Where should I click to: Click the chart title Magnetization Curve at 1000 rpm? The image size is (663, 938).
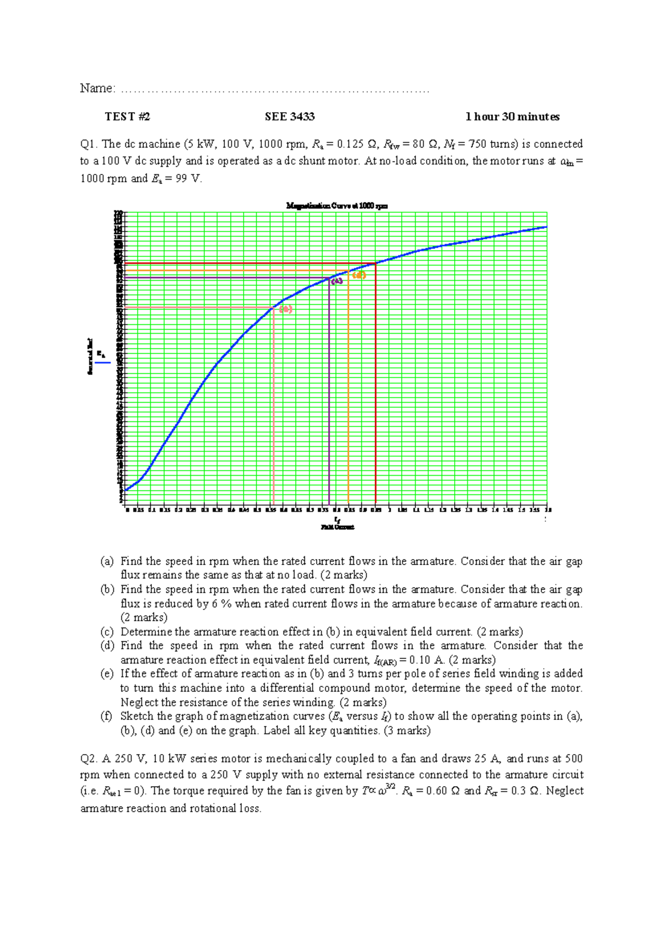[x=336, y=206]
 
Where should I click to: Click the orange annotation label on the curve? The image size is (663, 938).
[x=359, y=275]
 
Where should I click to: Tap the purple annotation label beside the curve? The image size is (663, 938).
[x=336, y=281]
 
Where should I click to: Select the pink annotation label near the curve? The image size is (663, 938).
[x=286, y=309]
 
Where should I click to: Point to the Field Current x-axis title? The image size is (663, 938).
[x=337, y=527]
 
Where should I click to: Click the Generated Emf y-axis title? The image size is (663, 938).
[x=90, y=356]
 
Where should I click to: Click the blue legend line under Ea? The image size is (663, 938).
[x=102, y=363]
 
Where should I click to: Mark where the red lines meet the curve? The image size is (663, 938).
[x=376, y=264]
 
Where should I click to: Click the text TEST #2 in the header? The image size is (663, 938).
[x=128, y=117]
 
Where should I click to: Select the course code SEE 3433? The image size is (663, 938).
[x=290, y=117]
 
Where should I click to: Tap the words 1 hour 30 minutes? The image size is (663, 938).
[x=512, y=117]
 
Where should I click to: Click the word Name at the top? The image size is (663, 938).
[x=97, y=88]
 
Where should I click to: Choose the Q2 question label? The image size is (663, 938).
[x=88, y=758]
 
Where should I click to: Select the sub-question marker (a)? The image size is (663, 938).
[x=107, y=561]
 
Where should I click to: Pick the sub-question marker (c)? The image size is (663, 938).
[x=107, y=631]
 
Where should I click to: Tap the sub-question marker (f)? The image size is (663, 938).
[x=107, y=716]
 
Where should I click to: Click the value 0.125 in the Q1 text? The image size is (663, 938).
[x=349, y=144]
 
